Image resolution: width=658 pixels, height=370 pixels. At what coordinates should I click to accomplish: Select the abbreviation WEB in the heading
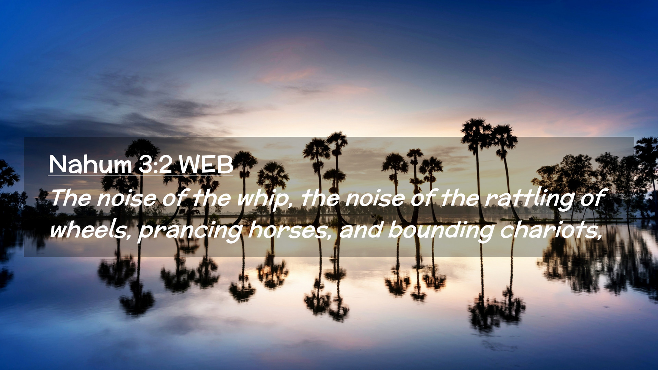pyautogui.click(x=206, y=164)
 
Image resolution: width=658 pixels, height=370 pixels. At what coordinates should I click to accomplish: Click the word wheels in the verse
pyautogui.click(x=88, y=230)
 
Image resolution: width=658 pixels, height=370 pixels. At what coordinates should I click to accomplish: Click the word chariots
pyautogui.click(x=548, y=230)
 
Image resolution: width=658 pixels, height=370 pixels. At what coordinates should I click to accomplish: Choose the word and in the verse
pyautogui.click(x=360, y=230)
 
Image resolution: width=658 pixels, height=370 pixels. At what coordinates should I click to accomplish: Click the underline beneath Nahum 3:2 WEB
pyautogui.click(x=141, y=176)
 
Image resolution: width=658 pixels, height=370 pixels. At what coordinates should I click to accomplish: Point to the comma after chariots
pyautogui.click(x=599, y=236)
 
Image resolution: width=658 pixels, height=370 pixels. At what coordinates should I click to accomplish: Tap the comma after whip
pyautogui.click(x=291, y=205)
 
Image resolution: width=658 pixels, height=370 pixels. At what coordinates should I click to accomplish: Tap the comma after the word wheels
pyautogui.click(x=129, y=236)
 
